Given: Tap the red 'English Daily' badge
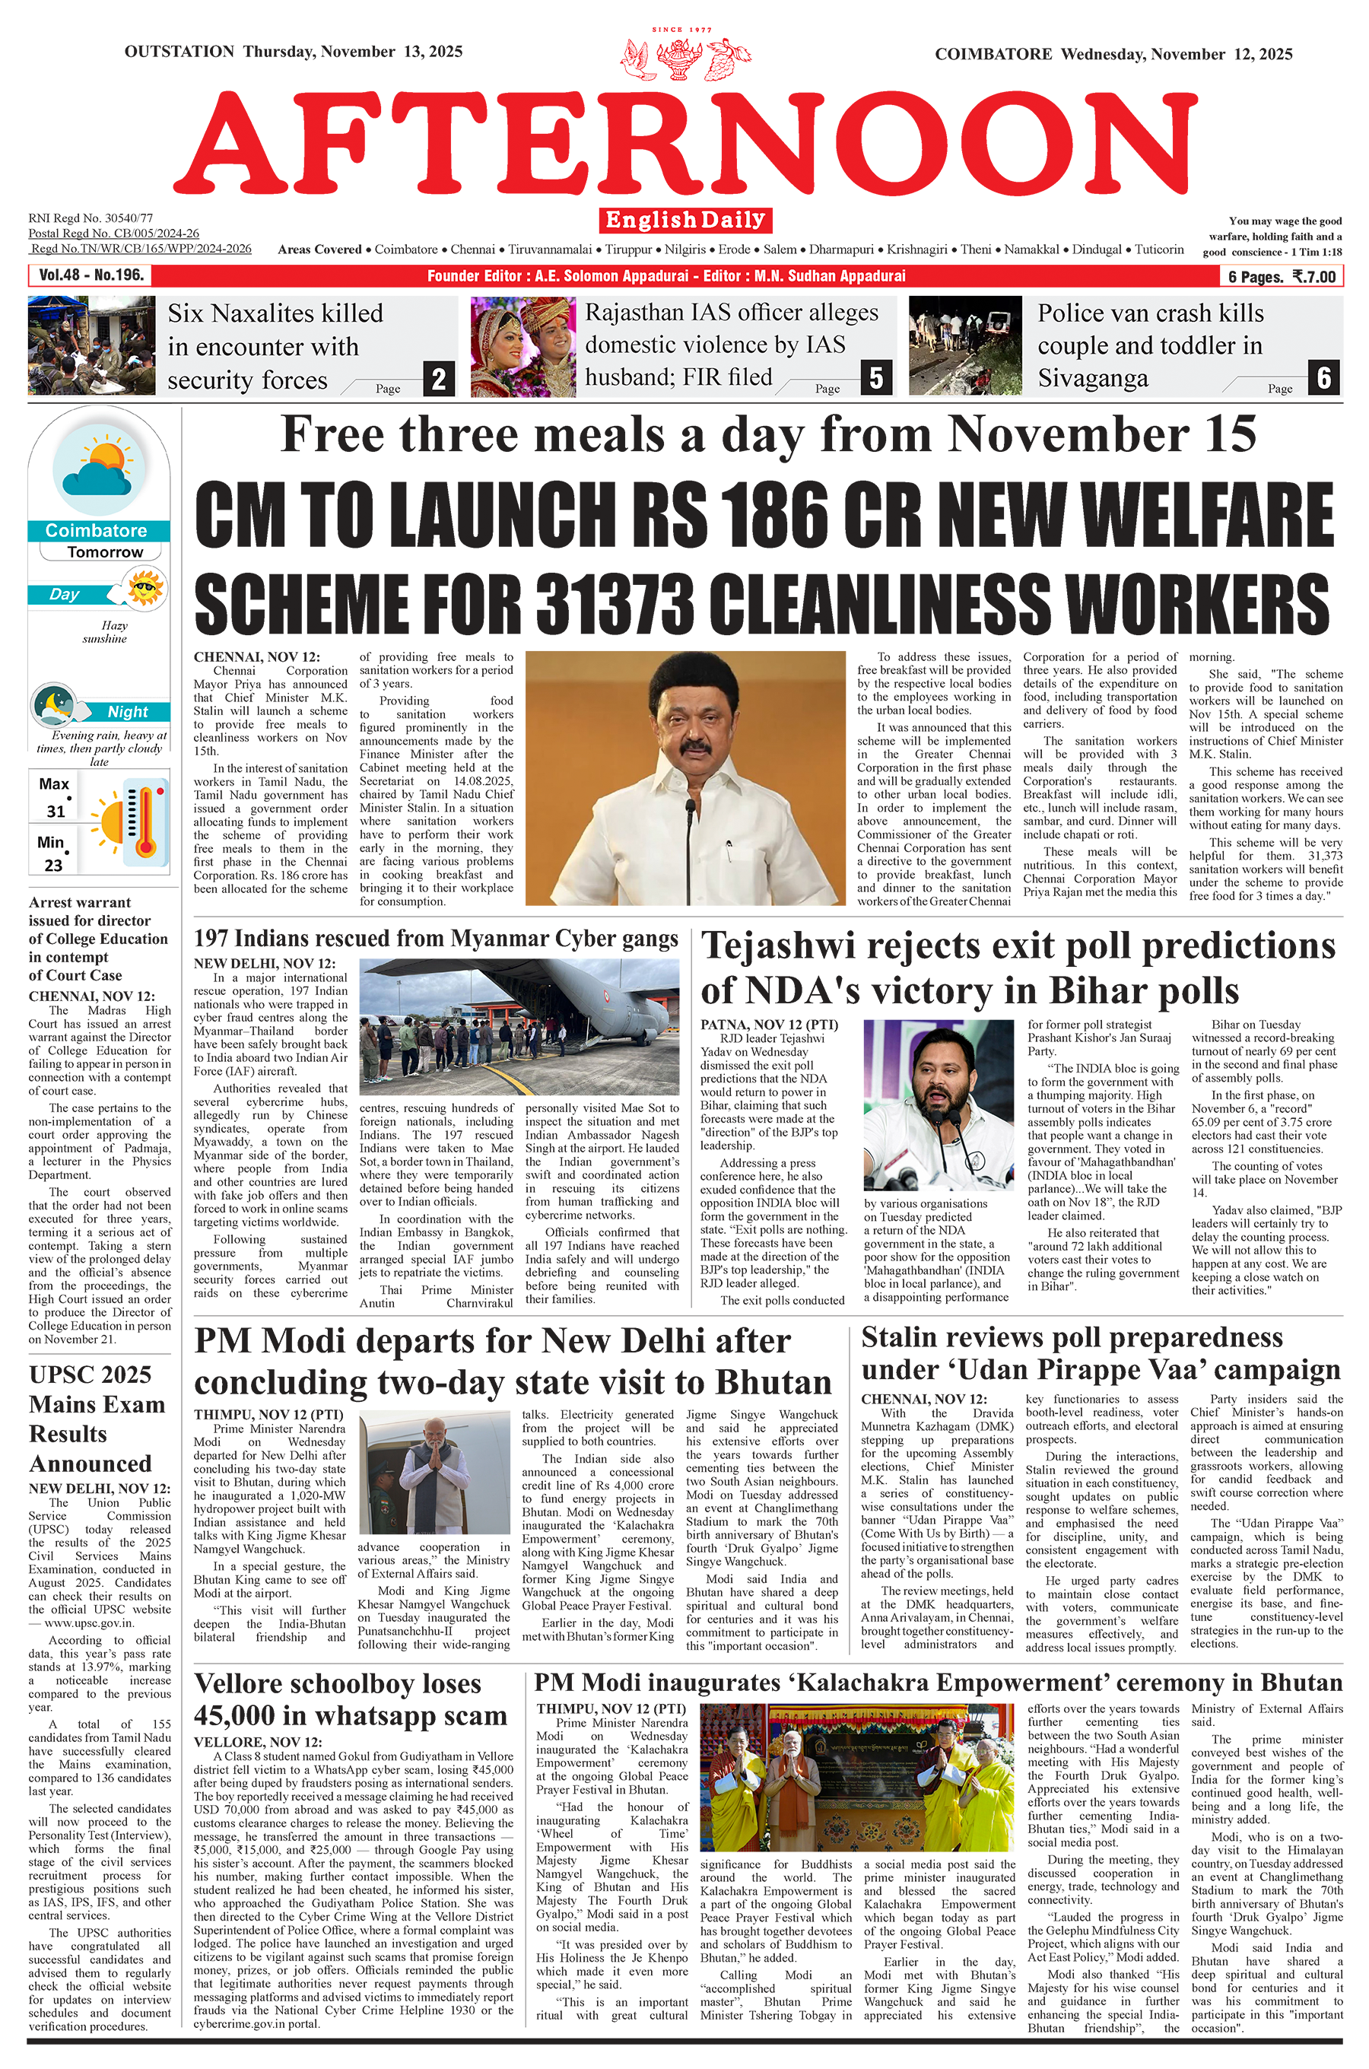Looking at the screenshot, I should [x=685, y=220].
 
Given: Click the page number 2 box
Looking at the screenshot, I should [x=438, y=379].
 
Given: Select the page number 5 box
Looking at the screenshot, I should [x=875, y=378].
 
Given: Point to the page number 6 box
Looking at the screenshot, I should [x=1323, y=378].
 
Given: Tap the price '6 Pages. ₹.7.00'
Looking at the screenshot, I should [x=1281, y=277].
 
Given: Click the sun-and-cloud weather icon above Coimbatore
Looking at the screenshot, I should [x=98, y=472].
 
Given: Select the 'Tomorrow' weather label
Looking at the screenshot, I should [x=105, y=551].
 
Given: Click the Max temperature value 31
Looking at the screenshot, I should [x=56, y=811].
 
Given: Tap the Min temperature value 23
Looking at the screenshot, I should [x=53, y=865].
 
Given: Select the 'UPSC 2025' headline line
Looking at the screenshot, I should [x=90, y=1375].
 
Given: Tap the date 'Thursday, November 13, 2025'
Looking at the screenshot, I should [x=353, y=52].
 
